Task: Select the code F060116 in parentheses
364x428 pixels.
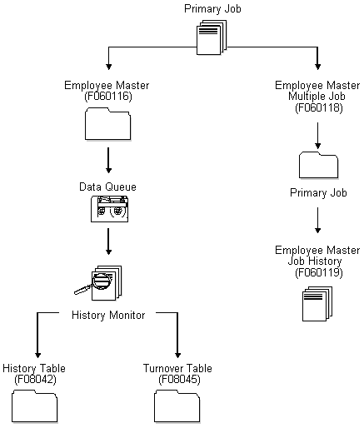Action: [107, 97]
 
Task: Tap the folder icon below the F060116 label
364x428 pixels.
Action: [108, 127]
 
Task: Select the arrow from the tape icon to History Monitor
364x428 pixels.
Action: [108, 244]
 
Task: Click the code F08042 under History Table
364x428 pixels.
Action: [34, 379]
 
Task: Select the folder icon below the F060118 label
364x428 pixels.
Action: [317, 163]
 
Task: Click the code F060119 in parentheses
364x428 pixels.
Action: [317, 272]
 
